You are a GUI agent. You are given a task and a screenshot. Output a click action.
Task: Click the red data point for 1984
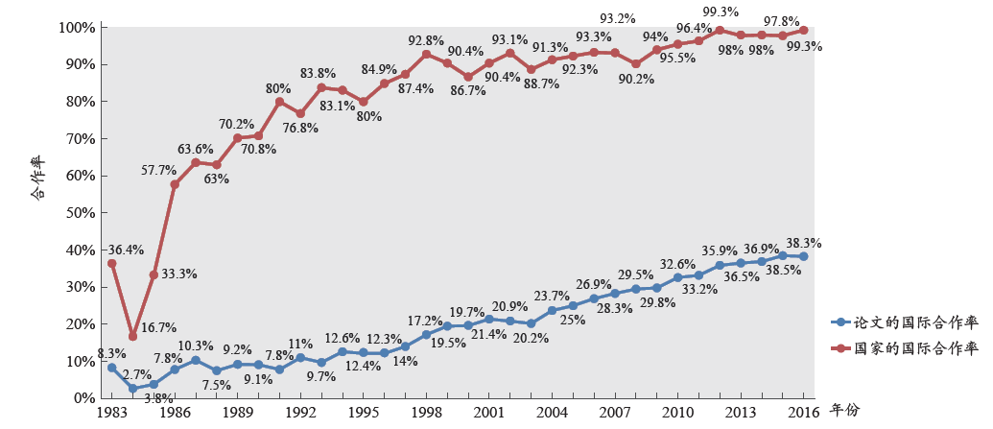[132, 336]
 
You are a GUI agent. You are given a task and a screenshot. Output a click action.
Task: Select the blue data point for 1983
[111, 368]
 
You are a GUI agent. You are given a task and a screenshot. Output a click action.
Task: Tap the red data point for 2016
[803, 30]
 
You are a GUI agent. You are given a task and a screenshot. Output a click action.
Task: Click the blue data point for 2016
[803, 256]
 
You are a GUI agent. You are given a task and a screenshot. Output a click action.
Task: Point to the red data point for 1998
[426, 55]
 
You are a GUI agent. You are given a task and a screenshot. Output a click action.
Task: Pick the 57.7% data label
[158, 171]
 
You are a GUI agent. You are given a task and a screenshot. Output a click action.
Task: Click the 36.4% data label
[125, 250]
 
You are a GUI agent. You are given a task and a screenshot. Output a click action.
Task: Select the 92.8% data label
[425, 40]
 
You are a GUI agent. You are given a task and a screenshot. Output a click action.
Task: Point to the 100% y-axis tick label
[76, 28]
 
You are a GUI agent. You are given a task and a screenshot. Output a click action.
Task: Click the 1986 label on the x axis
[175, 412]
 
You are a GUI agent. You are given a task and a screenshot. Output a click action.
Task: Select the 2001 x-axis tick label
[489, 412]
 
